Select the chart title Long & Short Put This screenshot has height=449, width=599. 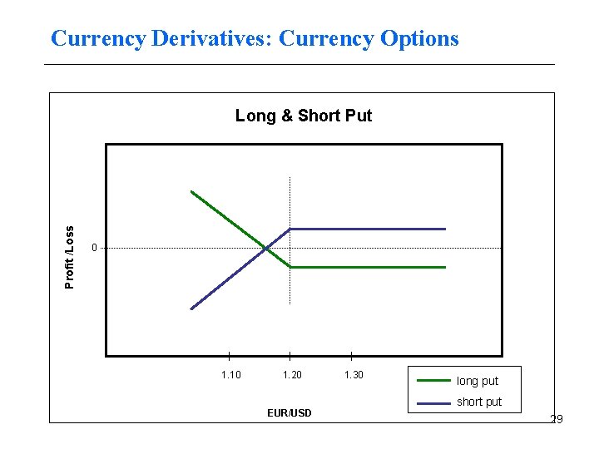[304, 116]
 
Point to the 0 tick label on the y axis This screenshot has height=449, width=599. [95, 247]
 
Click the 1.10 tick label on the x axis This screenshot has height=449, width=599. [230, 375]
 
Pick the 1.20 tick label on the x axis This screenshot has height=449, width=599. [292, 375]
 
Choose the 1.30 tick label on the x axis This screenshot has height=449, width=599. [354, 375]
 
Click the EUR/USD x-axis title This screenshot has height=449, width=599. [290, 412]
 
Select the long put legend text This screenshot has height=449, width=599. [478, 381]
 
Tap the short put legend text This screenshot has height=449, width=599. [479, 402]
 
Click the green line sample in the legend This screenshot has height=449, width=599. [433, 381]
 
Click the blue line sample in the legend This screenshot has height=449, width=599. [433, 402]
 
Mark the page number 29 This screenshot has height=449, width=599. [557, 419]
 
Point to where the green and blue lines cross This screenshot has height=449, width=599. [265, 248]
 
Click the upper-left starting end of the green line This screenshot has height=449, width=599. [191, 192]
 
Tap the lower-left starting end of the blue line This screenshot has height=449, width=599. [191, 308]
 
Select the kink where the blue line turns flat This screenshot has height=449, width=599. [290, 229]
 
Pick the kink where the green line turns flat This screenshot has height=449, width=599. [290, 267]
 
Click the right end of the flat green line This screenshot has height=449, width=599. [445, 267]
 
